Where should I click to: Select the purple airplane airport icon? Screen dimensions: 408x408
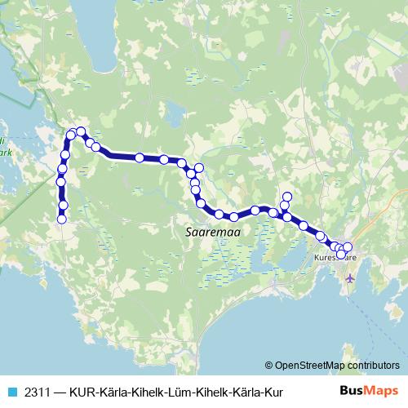351,277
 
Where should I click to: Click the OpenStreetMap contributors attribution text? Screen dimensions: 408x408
336,366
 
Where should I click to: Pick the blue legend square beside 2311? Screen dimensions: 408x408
11,392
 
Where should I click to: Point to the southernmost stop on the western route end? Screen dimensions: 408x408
60,218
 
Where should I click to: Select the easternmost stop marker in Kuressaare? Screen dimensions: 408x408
348,247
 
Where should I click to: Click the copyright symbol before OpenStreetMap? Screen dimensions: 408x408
268,366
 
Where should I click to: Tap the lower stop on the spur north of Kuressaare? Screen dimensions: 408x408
284,206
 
